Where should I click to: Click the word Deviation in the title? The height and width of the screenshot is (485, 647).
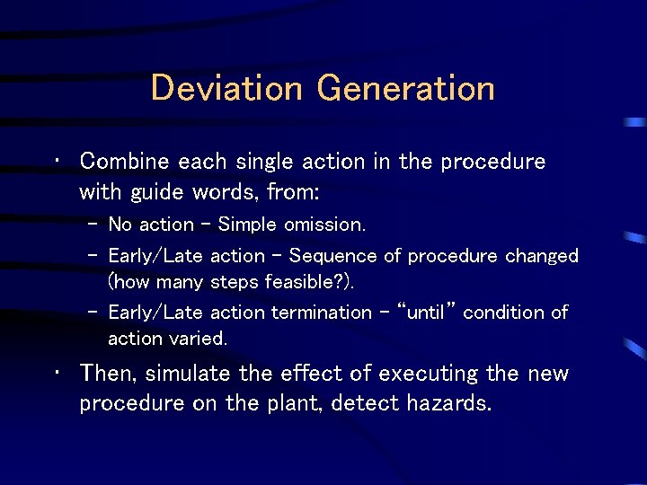pos(228,88)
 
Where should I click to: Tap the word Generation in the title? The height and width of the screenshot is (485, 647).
pos(406,88)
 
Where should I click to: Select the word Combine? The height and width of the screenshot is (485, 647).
pos(125,162)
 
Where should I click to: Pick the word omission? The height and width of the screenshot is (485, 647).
pos(324,225)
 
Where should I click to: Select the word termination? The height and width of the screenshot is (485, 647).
pos(321,313)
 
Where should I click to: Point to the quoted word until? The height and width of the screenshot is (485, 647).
pos(432,313)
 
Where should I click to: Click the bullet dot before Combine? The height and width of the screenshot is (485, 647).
pos(57,163)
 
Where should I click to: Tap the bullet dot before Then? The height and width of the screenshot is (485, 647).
pos(57,374)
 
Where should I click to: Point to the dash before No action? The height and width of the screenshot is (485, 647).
pos(93,225)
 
